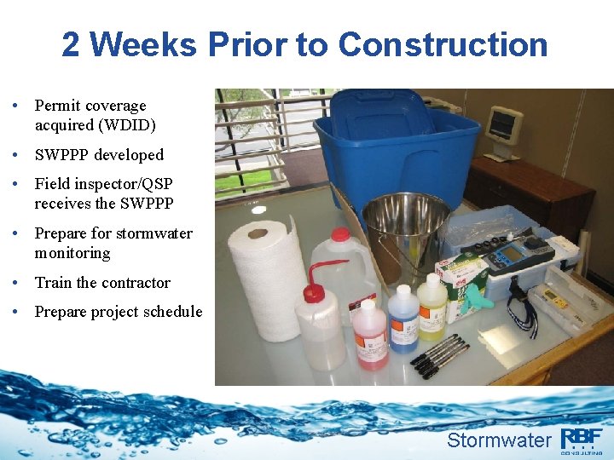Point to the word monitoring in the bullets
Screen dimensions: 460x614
pos(72,253)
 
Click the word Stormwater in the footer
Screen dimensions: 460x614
pos(499,440)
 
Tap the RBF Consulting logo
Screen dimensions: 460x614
pos(582,439)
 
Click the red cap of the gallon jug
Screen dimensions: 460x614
pos(341,234)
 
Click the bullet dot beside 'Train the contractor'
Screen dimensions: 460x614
pos(17,283)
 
